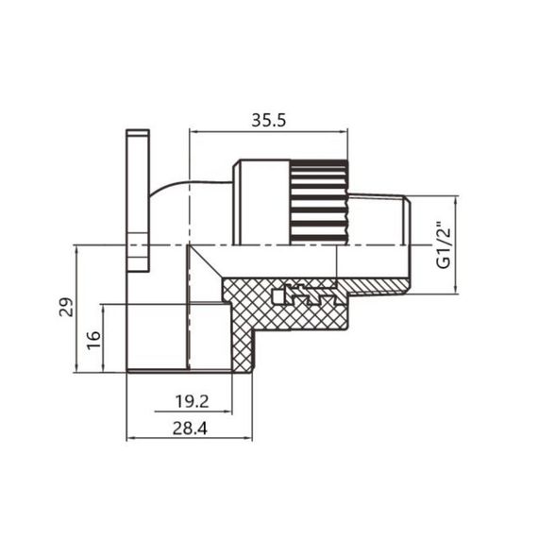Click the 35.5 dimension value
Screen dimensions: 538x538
[x=268, y=120]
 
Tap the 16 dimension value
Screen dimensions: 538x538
[x=92, y=339]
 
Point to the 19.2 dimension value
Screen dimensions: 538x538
[x=191, y=402]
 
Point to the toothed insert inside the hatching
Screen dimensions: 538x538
[x=302, y=295]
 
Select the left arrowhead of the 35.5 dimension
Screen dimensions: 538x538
[x=194, y=131]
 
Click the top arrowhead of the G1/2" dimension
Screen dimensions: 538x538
[x=458, y=201]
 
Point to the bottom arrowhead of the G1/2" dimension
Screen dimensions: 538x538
[x=458, y=289]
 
